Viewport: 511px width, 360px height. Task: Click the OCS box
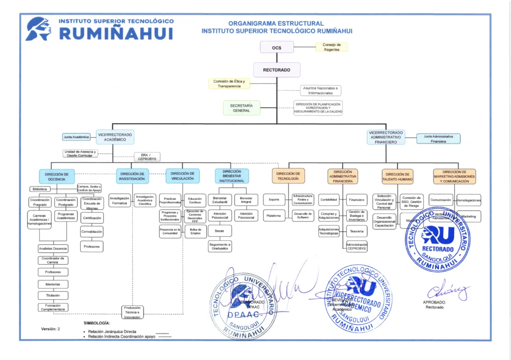[276, 47]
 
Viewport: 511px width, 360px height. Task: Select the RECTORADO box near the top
[276, 70]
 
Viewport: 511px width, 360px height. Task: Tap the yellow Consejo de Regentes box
[332, 47]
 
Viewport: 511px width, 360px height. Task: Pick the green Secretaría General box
[242, 108]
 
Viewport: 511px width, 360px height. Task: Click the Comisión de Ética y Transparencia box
[229, 83]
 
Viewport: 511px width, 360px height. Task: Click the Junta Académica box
[76, 137]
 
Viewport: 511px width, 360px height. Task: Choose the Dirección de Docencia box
[57, 176]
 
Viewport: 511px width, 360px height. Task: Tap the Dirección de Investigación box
[133, 176]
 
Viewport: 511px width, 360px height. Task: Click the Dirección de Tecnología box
[288, 176]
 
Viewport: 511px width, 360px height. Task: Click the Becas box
[220, 231]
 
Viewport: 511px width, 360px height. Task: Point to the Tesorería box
[356, 231]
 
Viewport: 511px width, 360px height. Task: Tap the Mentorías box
[53, 284]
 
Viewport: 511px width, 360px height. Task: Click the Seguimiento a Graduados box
[220, 246]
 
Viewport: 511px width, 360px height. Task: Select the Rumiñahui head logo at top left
[39, 28]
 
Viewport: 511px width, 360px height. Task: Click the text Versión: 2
[50, 329]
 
